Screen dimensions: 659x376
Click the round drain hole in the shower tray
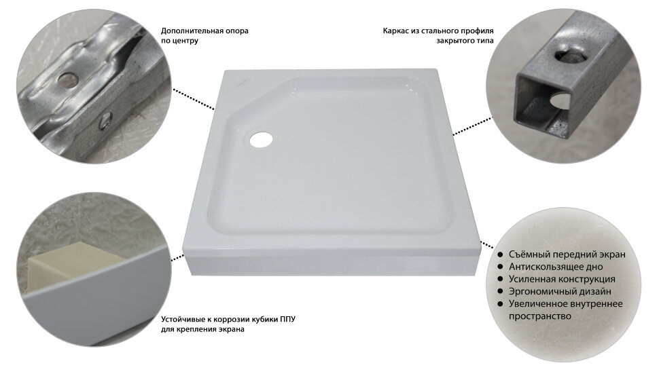pos(262,139)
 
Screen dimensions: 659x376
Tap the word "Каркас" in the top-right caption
pos(394,31)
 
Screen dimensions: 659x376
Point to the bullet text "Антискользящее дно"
pos(556,267)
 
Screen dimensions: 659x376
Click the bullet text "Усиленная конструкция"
pos(561,279)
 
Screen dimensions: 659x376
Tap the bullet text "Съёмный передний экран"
pos(567,255)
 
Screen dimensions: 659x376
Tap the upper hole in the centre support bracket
pos(67,79)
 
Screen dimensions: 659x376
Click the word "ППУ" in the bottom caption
pos(287,320)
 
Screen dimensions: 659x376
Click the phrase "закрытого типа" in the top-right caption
pos(465,41)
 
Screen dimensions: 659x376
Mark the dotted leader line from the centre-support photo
pos(194,100)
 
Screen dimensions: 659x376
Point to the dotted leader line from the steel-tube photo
pos(472,126)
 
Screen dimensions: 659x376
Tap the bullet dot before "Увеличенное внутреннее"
pos(500,304)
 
